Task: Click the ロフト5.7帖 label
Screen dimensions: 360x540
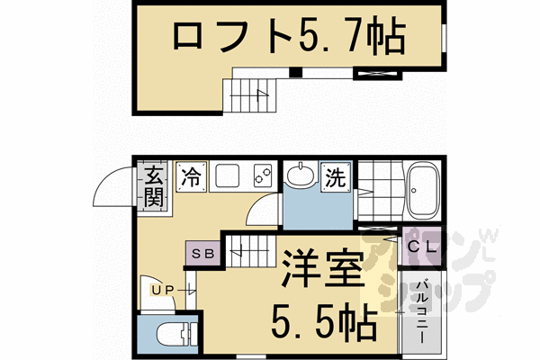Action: pos(287,37)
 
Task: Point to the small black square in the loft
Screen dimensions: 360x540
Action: pos(295,72)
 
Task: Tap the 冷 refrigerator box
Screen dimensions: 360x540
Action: pos(191,175)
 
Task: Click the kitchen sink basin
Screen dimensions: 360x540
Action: pos(226,175)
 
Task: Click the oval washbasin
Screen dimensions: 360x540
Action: pos(299,175)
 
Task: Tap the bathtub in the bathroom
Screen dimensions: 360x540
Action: pos(421,190)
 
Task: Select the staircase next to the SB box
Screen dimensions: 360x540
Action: pos(251,250)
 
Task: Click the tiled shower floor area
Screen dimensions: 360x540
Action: pos(378,190)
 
